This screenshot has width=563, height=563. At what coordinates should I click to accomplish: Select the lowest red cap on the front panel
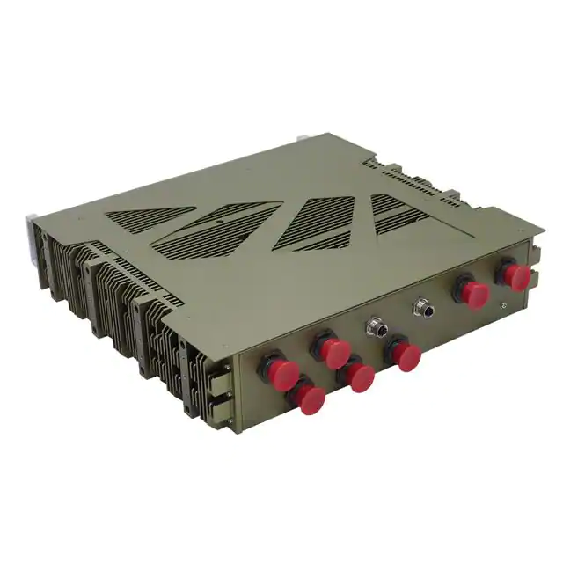point(309,400)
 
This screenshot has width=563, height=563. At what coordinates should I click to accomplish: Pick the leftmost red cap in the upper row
point(274,368)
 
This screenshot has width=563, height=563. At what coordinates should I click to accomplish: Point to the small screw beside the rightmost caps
point(502,306)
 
